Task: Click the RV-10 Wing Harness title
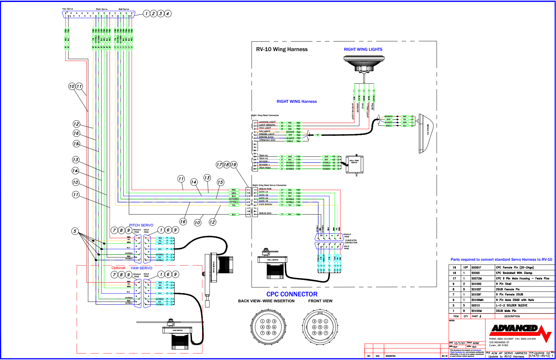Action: (x=282, y=49)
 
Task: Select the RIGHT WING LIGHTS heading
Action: (x=363, y=49)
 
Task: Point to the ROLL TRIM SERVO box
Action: (x=354, y=164)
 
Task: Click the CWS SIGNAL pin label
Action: (x=265, y=204)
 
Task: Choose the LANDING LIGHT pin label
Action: (x=267, y=122)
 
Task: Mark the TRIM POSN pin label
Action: (x=265, y=168)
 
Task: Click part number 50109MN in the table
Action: (x=477, y=300)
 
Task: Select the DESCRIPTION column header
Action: (x=512, y=316)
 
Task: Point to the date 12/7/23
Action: (x=459, y=343)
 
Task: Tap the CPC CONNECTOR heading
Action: (x=292, y=294)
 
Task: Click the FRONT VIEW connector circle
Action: (x=320, y=327)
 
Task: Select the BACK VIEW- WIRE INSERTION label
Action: (x=266, y=301)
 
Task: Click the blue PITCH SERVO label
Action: (x=141, y=225)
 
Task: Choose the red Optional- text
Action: (x=119, y=268)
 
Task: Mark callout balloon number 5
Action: (x=75, y=231)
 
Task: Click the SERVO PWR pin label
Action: (x=265, y=189)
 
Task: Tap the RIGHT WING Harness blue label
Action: (x=296, y=102)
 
